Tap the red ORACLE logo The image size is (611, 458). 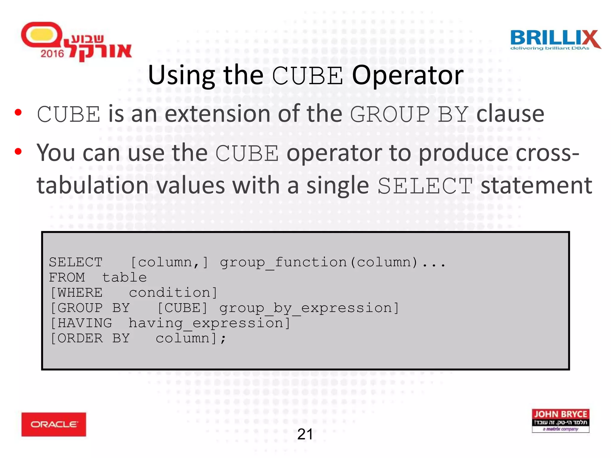point(54,424)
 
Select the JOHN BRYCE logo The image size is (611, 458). point(560,420)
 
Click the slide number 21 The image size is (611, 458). point(305,434)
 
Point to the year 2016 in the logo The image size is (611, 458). point(52,54)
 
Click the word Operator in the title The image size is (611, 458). point(408,75)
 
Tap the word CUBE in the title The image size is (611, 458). point(307,76)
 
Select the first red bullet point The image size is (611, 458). point(18,112)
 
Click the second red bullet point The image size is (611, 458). point(18,151)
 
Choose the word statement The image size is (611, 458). point(536,185)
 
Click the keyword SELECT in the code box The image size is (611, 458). point(76,262)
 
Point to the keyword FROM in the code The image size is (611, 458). point(67,278)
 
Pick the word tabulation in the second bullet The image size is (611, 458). point(92,185)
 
